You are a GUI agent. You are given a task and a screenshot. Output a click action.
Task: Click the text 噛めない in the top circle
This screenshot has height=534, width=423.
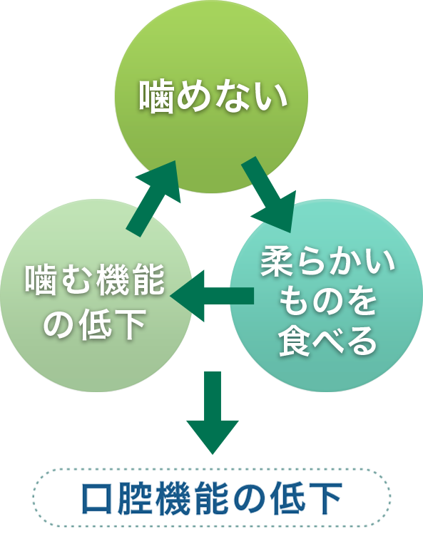[x=213, y=97]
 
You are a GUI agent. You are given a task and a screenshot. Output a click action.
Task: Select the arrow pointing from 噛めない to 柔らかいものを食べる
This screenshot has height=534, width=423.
[x=270, y=195]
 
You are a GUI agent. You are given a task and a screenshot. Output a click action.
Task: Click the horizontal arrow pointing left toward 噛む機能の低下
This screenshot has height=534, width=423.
[x=212, y=296]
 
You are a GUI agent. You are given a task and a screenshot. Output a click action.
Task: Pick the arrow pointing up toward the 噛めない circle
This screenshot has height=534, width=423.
[x=153, y=198]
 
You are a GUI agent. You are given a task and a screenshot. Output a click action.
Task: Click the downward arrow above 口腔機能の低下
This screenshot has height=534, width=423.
[x=213, y=413]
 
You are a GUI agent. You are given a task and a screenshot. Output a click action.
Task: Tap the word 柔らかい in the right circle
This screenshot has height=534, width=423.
[x=327, y=262]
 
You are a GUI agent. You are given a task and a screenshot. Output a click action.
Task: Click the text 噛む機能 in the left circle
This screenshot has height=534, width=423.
[x=95, y=280]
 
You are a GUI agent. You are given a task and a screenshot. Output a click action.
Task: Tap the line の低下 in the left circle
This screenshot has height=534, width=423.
[x=95, y=324]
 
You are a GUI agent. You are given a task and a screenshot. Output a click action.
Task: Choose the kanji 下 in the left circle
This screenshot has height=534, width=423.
[x=131, y=324]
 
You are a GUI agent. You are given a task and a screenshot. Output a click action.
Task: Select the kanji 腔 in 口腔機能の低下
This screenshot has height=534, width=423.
[x=135, y=498]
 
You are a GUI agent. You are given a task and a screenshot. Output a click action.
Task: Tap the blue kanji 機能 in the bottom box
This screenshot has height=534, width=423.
[x=193, y=498]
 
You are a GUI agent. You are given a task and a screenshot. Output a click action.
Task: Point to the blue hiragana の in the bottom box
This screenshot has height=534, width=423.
[x=250, y=498]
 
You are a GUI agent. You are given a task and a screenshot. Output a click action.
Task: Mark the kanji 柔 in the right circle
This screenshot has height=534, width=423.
[x=277, y=262]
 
